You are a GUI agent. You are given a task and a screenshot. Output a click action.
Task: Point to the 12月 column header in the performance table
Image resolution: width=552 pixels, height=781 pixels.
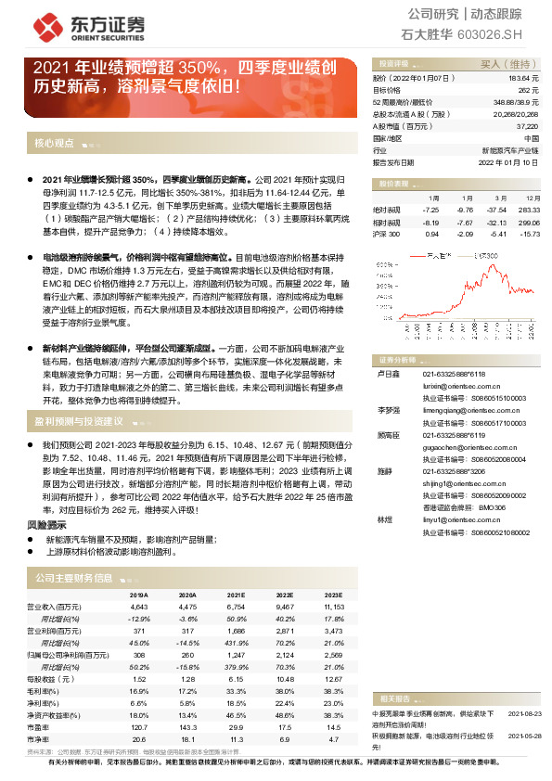coord(532,198)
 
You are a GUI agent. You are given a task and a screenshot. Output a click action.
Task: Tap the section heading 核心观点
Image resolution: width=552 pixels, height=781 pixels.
coord(54,144)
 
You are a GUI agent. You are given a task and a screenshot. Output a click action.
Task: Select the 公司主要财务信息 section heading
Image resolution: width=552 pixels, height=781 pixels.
coord(73,578)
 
